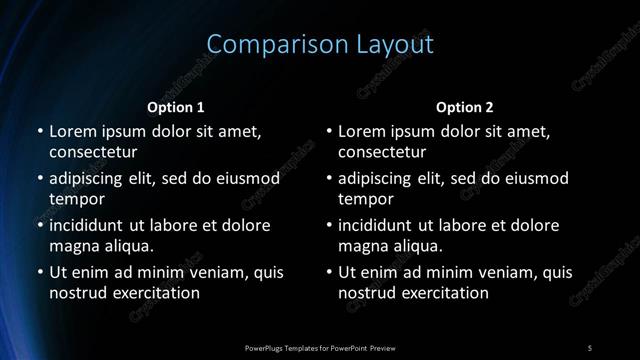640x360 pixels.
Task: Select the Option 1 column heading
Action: (176, 107)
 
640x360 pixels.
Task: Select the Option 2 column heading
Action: (465, 107)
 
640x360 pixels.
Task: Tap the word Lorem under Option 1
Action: (73, 131)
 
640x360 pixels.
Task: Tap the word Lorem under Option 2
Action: (363, 131)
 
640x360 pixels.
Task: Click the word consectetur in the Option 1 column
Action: (93, 153)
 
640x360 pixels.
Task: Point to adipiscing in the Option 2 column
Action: (380, 178)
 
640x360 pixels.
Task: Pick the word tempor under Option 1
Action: (75, 200)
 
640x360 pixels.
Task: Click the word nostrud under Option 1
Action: (77, 293)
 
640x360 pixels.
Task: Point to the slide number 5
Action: (590, 347)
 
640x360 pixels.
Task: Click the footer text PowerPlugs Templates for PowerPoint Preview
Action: (320, 347)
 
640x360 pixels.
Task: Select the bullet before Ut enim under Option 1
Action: (39, 271)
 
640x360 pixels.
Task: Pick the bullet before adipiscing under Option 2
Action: (329, 178)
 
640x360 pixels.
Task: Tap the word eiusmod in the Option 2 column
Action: (532, 178)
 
